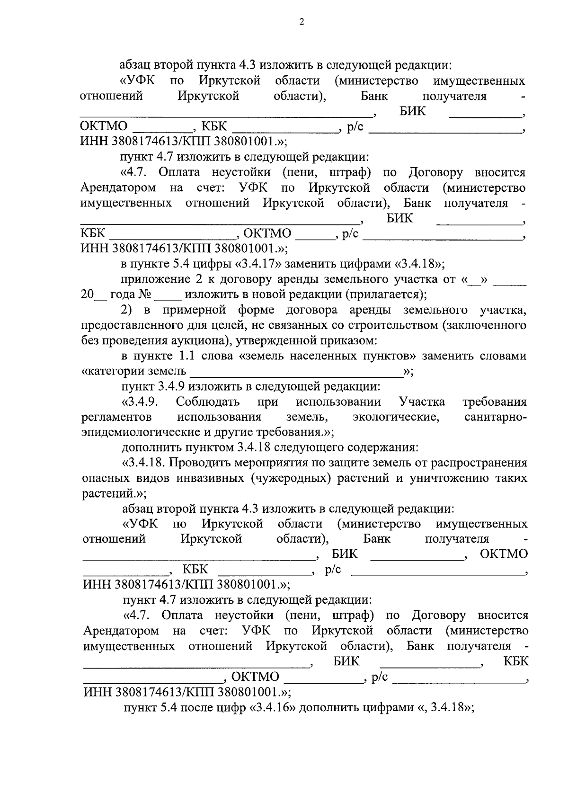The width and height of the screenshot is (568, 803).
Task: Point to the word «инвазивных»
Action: pyautogui.click(x=208, y=478)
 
